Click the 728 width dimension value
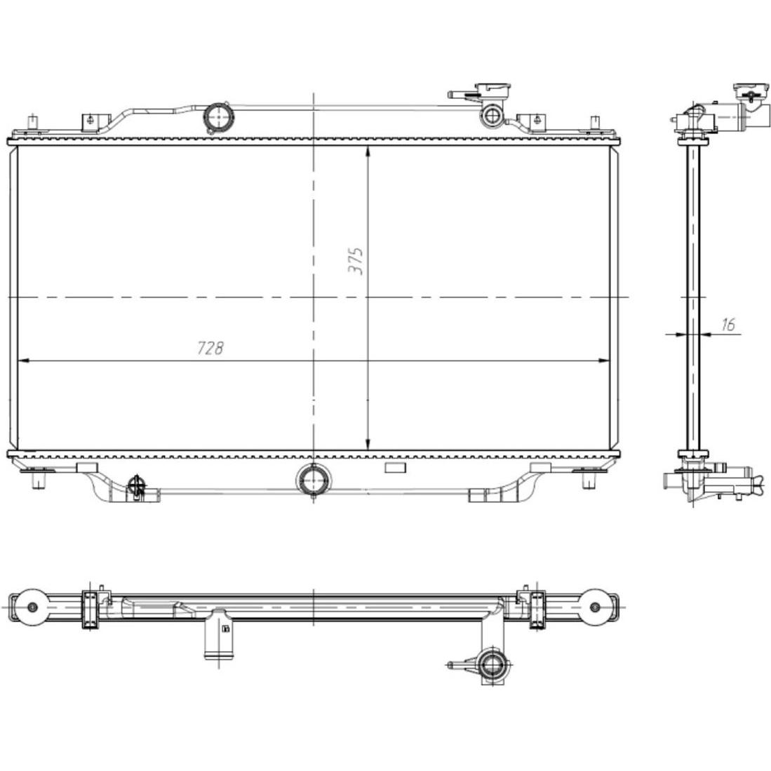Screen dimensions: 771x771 [x=210, y=348]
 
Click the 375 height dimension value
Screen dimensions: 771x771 [x=356, y=261]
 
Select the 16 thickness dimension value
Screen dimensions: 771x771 [x=728, y=325]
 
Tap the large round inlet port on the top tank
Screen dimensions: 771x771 [x=218, y=117]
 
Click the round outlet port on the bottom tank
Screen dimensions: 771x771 [x=313, y=479]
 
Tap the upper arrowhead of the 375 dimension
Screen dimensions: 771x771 [x=368, y=152]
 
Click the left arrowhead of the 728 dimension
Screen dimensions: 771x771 [x=23, y=361]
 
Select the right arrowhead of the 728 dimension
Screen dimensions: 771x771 [x=604, y=361]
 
